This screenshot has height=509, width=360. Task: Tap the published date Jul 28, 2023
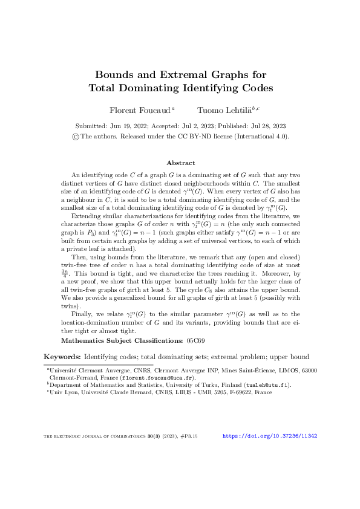point(264,126)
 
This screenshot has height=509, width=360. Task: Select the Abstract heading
point(180,163)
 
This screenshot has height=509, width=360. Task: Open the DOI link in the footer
point(270,436)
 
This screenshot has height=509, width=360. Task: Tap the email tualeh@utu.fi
point(269,384)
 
